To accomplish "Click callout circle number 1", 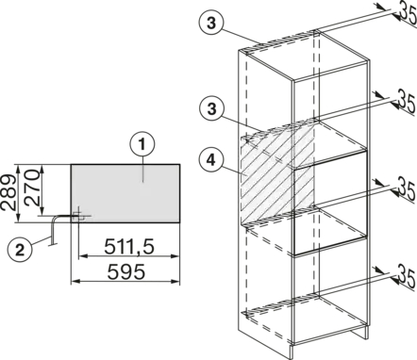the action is pyautogui.click(x=142, y=145).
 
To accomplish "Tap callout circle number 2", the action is pyautogui.click(x=20, y=251).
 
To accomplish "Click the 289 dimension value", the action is pyautogui.click(x=8, y=192).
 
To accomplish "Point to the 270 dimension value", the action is pyautogui.click(x=32, y=188).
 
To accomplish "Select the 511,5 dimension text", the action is pyautogui.click(x=129, y=246).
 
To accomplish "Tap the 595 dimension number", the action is pyautogui.click(x=126, y=271).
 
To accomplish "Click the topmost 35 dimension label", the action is pyautogui.click(x=408, y=12).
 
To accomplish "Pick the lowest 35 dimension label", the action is pyautogui.click(x=408, y=275).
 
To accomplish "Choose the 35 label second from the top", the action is pyautogui.click(x=408, y=100).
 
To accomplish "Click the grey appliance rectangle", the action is pyautogui.click(x=125, y=193).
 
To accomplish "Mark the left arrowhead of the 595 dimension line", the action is pyautogui.click(x=75, y=281).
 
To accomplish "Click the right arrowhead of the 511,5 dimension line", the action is pyautogui.click(x=175, y=256).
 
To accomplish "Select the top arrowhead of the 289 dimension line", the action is pyautogui.click(x=19, y=168).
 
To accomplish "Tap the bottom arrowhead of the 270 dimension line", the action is pyautogui.click(x=42, y=211).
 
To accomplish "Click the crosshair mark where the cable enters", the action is pyautogui.click(x=78, y=216).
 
